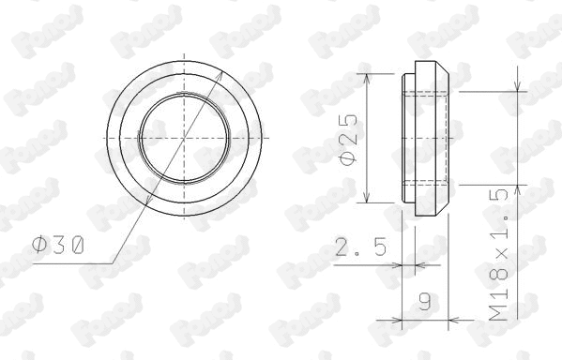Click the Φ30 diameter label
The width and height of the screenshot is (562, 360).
click(58, 246)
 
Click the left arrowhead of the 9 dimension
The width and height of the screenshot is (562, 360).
click(405, 320)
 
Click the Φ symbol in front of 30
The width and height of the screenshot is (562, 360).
click(39, 246)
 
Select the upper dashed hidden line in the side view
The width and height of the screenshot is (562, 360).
click(424, 92)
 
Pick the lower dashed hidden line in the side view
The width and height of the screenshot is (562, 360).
click(424, 182)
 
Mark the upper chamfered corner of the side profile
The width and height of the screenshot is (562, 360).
click(444, 69)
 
